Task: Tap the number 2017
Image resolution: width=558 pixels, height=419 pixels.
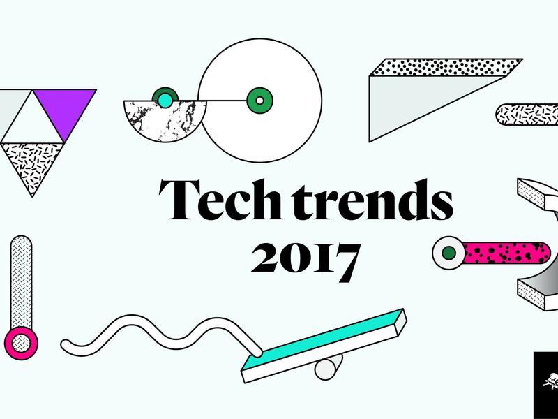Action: point(306,262)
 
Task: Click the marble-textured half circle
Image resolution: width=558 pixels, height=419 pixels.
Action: point(165,119)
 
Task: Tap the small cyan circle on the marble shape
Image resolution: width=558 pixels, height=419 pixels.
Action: point(165,100)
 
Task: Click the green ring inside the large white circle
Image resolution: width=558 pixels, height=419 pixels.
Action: point(259,101)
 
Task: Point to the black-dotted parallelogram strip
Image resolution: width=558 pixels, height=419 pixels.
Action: point(446,67)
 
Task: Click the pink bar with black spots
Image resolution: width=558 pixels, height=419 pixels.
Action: point(506,253)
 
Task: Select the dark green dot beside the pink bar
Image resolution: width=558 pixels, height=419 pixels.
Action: point(448,253)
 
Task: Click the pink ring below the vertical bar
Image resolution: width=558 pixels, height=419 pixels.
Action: point(21,343)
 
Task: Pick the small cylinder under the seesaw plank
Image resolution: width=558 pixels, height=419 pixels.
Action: point(328,367)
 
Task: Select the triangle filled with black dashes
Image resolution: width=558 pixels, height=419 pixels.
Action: point(32,164)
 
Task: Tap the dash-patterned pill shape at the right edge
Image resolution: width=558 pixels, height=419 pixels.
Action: point(527,115)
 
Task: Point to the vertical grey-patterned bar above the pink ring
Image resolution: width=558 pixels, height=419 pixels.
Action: point(21,282)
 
